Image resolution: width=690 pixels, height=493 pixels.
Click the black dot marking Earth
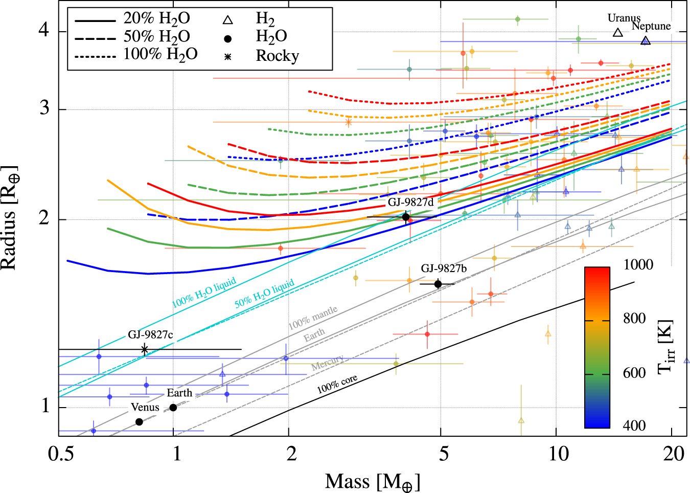[x=173, y=408]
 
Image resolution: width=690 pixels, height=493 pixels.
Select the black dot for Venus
[x=139, y=422]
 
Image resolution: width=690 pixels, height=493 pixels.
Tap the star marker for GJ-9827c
[x=145, y=349]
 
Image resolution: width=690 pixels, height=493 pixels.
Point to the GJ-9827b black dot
[x=438, y=284]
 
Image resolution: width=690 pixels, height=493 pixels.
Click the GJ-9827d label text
[x=410, y=202]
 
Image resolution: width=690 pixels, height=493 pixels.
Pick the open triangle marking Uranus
[x=618, y=33]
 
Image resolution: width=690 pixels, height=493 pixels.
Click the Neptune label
[x=651, y=26]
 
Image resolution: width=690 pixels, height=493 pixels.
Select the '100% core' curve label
[x=337, y=384]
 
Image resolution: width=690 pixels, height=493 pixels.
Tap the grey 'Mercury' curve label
[x=327, y=363]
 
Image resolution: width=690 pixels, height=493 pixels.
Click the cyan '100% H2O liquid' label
[x=204, y=293]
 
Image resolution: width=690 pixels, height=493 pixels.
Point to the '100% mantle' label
[x=313, y=318]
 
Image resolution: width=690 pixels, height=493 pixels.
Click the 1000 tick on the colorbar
[x=638, y=264]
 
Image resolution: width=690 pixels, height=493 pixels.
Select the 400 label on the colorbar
[x=634, y=425]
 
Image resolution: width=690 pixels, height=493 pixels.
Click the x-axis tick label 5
[x=444, y=453]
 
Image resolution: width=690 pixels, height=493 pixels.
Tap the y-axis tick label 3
[x=45, y=108]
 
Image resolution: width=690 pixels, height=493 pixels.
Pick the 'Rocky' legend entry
[x=277, y=56]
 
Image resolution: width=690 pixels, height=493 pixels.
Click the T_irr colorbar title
[x=665, y=348]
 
